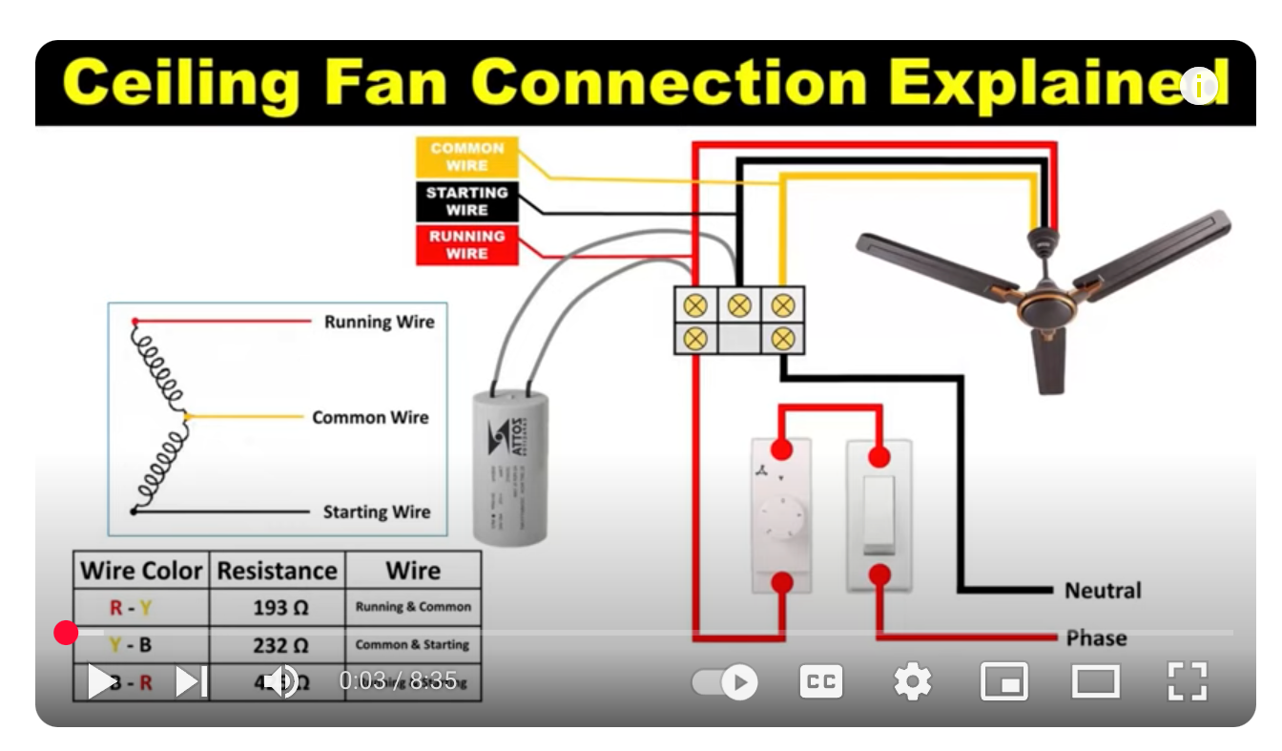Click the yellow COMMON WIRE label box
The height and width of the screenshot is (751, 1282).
point(466,156)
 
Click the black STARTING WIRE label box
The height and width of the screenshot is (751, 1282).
point(466,201)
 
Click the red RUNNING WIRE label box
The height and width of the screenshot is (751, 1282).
point(466,245)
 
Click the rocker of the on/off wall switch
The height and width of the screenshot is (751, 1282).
point(879,515)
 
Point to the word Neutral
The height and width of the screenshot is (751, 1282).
point(1103,591)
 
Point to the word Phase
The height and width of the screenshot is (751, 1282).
point(1096,637)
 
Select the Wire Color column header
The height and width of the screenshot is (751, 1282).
point(141,571)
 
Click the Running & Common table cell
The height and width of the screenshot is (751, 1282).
point(413,607)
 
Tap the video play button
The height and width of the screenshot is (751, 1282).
point(99,681)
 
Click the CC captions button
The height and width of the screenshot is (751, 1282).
point(820,681)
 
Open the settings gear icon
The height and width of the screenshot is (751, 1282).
point(912,681)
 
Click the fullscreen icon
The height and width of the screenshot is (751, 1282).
point(1187,681)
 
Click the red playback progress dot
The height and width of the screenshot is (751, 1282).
point(66,633)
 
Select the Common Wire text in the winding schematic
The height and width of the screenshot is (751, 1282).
point(370,418)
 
